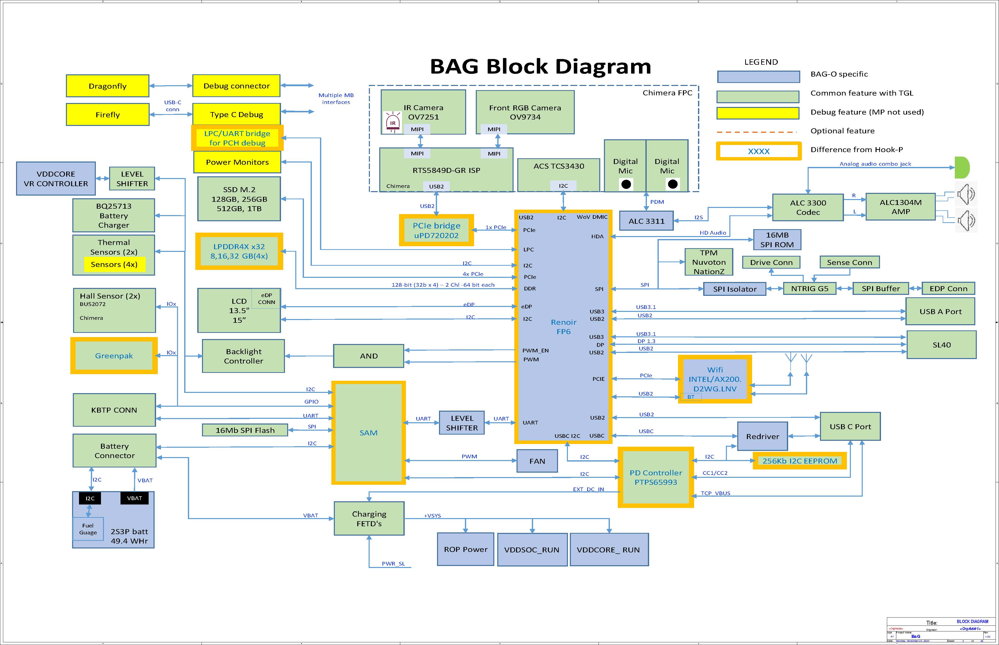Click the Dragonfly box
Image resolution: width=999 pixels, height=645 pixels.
click(108, 86)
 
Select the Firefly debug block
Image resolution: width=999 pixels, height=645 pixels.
click(108, 114)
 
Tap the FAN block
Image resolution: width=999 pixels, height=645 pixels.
click(537, 461)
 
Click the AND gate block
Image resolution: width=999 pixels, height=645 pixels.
click(368, 356)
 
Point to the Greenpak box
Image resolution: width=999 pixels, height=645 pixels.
click(114, 356)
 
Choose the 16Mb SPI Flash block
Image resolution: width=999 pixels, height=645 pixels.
click(245, 430)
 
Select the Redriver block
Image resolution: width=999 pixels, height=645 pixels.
click(762, 436)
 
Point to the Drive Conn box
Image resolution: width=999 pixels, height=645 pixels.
click(771, 262)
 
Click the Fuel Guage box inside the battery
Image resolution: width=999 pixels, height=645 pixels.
click(88, 529)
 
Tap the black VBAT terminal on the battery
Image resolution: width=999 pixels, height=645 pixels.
click(134, 498)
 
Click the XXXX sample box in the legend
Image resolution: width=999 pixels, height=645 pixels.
click(759, 151)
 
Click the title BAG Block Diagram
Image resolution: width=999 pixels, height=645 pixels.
click(540, 67)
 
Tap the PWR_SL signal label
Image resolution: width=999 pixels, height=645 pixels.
click(393, 564)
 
